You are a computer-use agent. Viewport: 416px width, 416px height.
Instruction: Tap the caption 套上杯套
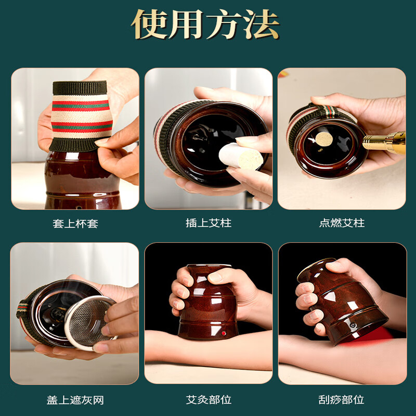click(75, 224)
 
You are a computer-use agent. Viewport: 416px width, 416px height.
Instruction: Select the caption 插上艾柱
click(209, 224)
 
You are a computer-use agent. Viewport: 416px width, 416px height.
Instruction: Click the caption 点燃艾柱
click(342, 224)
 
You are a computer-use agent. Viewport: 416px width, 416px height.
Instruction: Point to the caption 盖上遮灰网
click(75, 400)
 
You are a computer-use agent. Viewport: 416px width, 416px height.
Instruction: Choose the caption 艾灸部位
click(209, 400)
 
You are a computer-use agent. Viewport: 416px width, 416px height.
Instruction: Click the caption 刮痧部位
click(342, 400)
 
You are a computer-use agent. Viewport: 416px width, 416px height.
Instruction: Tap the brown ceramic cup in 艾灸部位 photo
click(208, 307)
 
